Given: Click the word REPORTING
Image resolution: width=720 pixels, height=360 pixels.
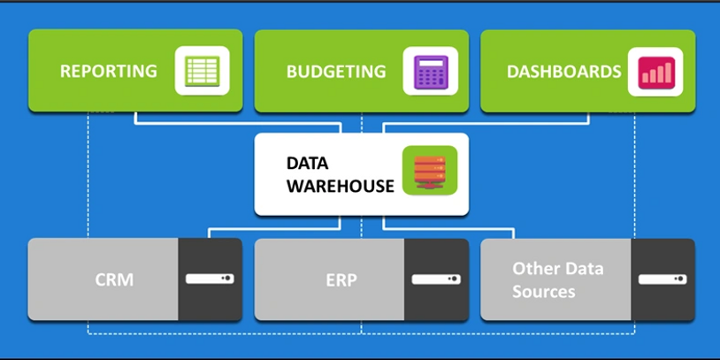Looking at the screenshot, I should pos(108,71).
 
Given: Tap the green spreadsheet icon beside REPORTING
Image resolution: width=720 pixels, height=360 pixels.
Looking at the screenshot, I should pos(202,71).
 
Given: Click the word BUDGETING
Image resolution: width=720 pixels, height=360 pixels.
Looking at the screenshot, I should pos(336,71).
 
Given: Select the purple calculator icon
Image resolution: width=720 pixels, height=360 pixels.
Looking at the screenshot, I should pos(427,71).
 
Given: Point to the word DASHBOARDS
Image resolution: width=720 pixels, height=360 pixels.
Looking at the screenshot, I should pos(563,71).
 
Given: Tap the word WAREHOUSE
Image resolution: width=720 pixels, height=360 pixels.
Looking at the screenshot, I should pos(340,186).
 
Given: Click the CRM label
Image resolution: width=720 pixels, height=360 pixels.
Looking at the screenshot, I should pos(114,280).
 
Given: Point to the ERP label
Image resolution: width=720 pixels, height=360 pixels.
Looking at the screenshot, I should pos(339,280).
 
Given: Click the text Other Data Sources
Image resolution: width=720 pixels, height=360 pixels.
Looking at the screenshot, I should pos(556,280).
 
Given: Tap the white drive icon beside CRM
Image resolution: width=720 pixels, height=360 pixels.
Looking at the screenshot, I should pos(211,279).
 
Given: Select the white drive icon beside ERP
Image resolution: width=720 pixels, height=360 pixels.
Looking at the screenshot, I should pos(436,279).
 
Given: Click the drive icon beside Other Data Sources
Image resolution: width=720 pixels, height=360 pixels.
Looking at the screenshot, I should pos(663,279).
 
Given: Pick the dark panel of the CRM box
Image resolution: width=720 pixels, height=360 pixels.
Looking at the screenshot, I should pos(211,301).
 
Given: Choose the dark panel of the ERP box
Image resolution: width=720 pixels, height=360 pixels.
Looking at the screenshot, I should pos(436,301).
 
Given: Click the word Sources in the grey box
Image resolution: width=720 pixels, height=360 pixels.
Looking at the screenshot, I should pos(543,291).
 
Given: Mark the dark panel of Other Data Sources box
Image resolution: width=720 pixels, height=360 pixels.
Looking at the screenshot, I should pos(663,301).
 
